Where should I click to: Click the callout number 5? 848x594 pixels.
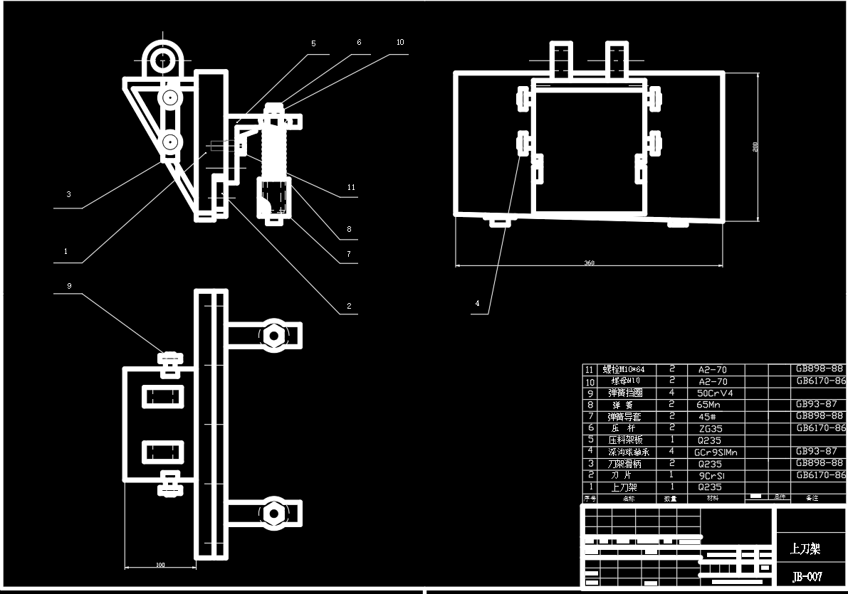[313, 43]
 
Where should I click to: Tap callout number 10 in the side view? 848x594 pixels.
[400, 43]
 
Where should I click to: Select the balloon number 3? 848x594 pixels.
[68, 194]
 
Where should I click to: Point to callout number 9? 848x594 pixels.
[69, 286]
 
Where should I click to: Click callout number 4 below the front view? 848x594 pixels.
[478, 303]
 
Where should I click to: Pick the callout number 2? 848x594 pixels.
[349, 307]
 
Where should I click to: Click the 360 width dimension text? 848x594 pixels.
[589, 263]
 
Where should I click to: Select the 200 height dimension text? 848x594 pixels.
[755, 146]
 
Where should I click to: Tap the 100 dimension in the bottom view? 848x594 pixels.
[160, 565]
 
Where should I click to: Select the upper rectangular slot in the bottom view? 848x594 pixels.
[163, 396]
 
